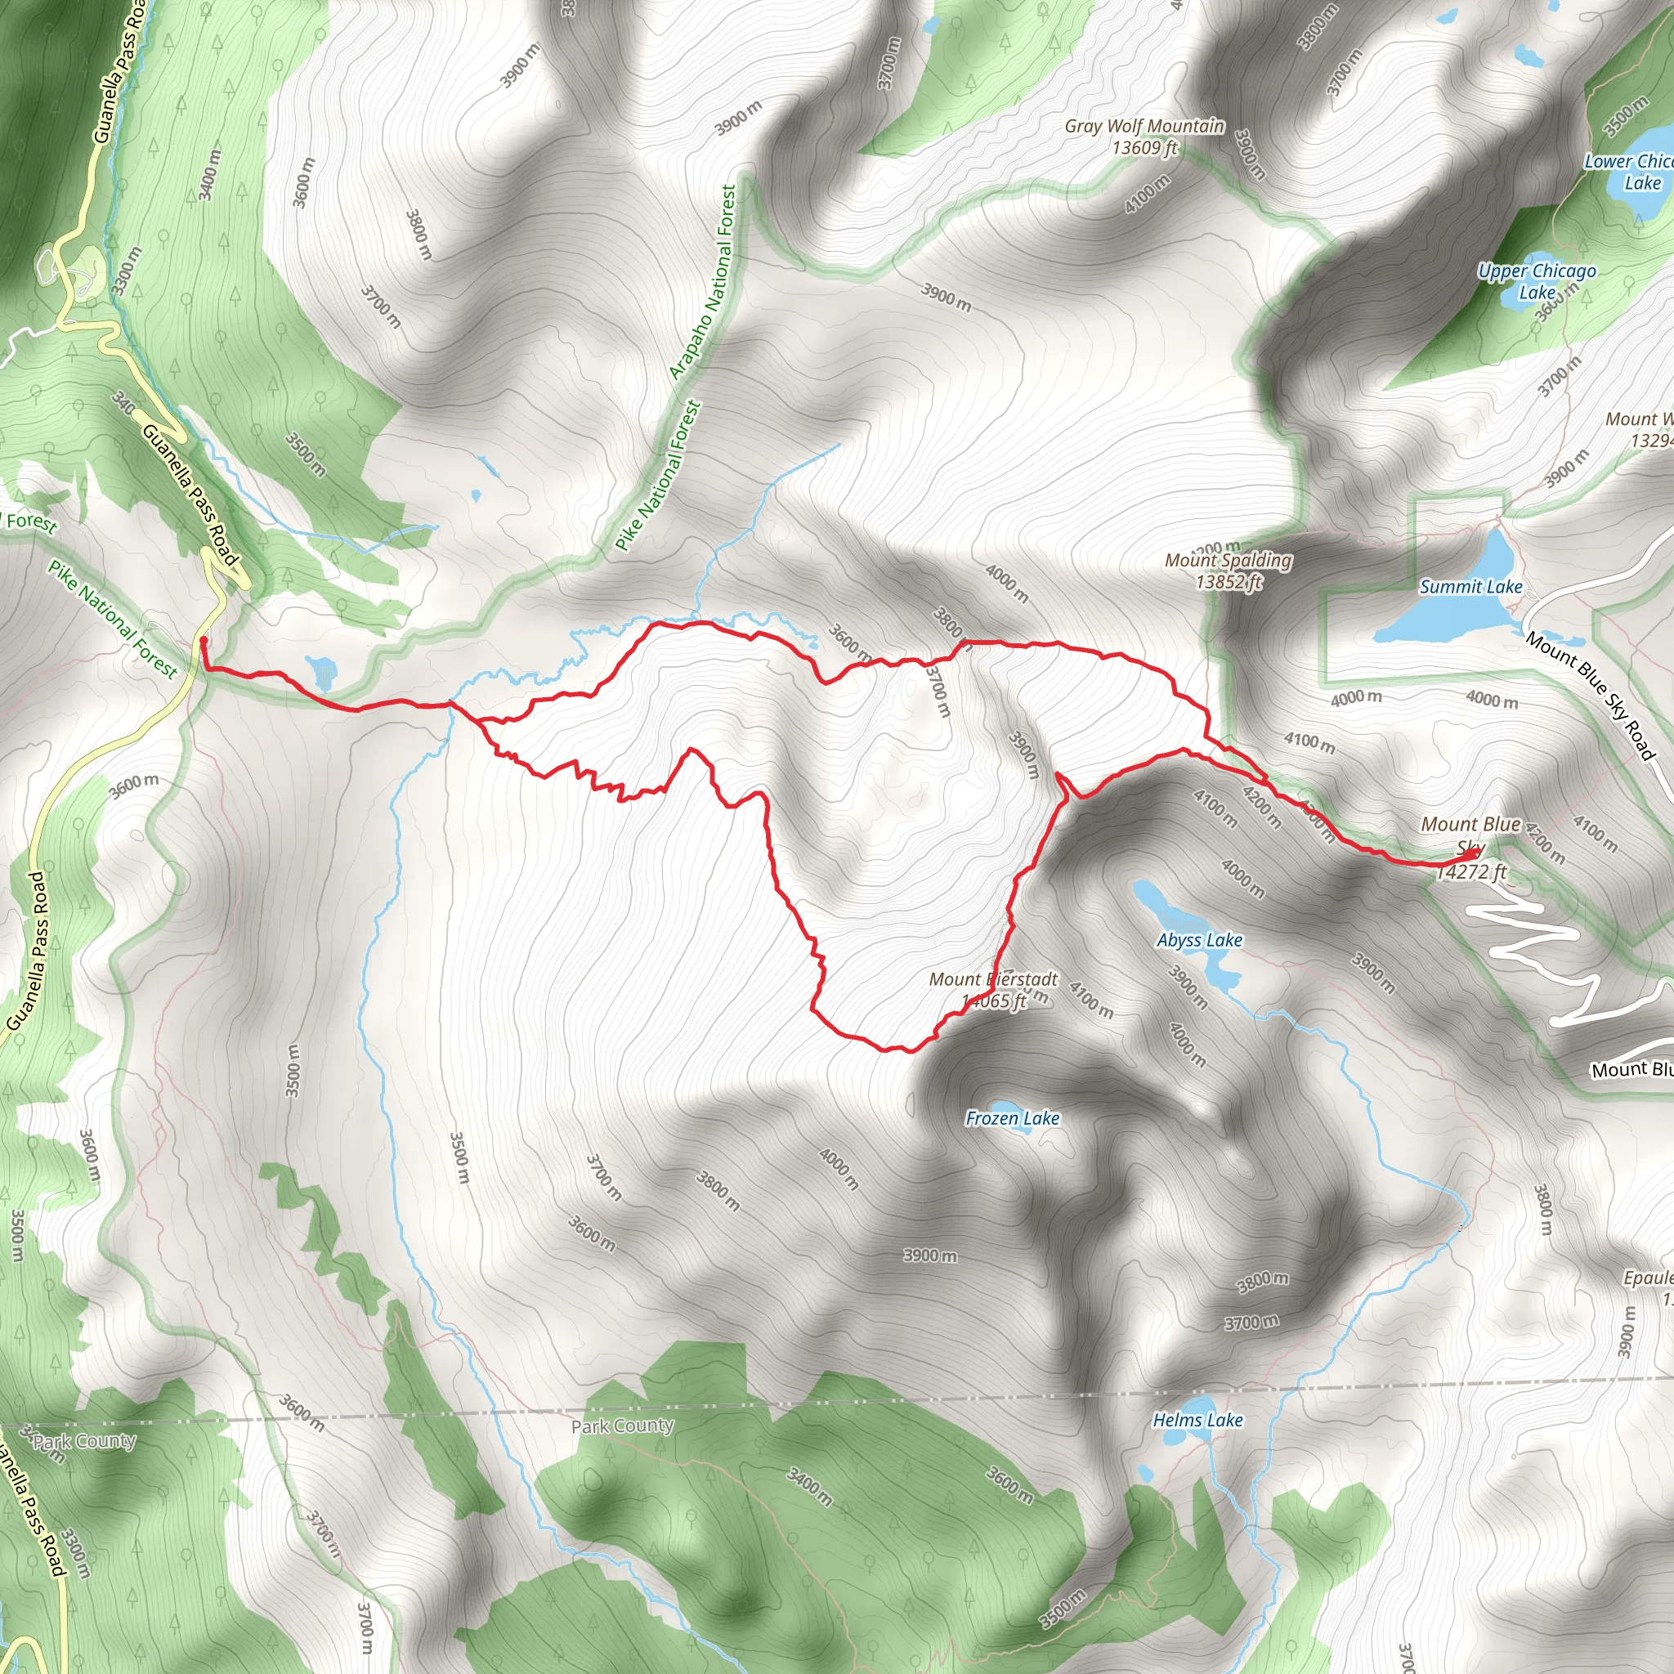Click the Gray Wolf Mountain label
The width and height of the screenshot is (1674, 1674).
point(1144,127)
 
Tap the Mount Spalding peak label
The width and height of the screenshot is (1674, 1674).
point(1228,561)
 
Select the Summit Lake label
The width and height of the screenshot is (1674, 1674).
point(1470,587)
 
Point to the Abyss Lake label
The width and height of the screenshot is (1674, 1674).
point(1199,940)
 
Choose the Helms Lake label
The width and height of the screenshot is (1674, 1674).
point(1197,1419)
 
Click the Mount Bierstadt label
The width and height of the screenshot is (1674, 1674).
point(993,979)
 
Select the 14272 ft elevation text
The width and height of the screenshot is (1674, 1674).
point(1472,872)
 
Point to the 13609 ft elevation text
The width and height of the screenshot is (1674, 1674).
point(1144,148)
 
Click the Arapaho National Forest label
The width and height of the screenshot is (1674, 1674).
point(703,283)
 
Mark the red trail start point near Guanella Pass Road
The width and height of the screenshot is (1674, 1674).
point(203,640)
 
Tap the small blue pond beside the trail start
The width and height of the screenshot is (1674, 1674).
point(322,669)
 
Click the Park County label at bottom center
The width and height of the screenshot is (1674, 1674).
point(622,1426)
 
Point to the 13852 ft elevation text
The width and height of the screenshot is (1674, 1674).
point(1228,582)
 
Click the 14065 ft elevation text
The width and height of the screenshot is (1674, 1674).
point(993,1001)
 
